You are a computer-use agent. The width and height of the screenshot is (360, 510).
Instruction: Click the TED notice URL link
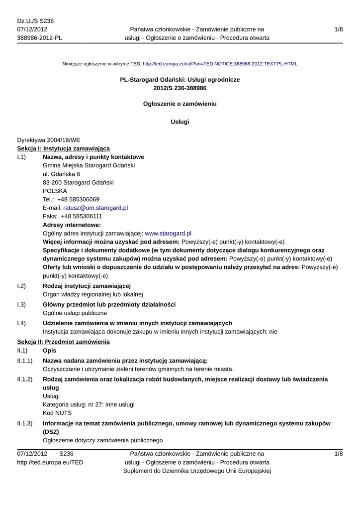pyautogui.click(x=220, y=64)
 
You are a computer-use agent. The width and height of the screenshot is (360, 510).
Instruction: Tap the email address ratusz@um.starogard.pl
pyautogui.click(x=95, y=208)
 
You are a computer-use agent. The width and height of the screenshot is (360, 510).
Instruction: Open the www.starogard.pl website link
pyautogui.click(x=168, y=233)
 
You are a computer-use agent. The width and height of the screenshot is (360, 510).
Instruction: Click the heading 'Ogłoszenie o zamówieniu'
pyautogui.click(x=180, y=104)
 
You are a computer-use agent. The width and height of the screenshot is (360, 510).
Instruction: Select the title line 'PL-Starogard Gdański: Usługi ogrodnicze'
pyautogui.click(x=180, y=80)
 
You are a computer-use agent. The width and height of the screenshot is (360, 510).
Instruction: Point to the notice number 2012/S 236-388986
pyautogui.click(x=180, y=88)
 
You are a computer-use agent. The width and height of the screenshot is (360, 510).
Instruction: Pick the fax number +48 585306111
pyautogui.click(x=81, y=216)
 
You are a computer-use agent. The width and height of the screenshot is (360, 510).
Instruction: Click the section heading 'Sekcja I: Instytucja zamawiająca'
pyautogui.click(x=63, y=148)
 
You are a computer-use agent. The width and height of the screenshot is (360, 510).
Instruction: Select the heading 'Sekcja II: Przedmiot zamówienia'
pyautogui.click(x=63, y=342)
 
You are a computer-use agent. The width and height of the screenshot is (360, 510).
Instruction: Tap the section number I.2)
pyautogui.click(x=21, y=286)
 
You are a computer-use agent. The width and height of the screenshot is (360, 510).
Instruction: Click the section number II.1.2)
pyautogui.click(x=25, y=379)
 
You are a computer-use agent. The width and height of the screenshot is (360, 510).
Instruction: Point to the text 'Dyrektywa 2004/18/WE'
pyautogui.click(x=48, y=140)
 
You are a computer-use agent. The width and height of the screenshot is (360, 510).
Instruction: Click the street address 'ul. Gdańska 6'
pyautogui.click(x=61, y=174)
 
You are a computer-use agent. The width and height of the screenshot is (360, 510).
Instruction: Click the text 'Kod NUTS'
pyautogui.click(x=57, y=413)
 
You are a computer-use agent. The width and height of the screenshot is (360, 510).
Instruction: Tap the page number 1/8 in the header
pyautogui.click(x=339, y=30)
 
